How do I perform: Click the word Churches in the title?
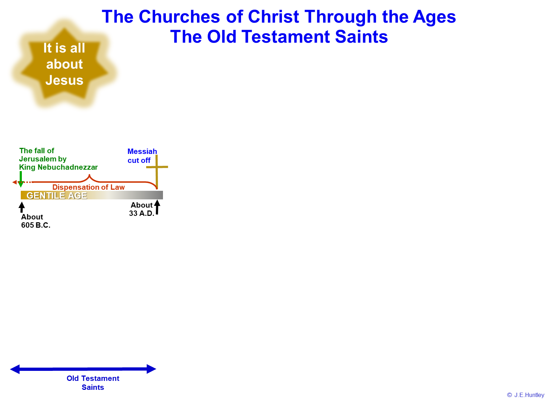click(x=179, y=16)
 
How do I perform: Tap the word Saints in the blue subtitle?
click(x=361, y=37)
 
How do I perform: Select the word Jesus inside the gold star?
click(x=64, y=80)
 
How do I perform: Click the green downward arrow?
click(x=21, y=179)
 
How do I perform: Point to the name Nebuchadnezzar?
click(x=68, y=167)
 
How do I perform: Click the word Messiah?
click(x=142, y=151)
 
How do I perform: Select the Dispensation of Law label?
click(x=88, y=187)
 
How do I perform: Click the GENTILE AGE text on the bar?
click(x=57, y=195)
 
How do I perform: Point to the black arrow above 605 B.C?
click(x=21, y=207)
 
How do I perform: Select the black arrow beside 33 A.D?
click(x=157, y=207)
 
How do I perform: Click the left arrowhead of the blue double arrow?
click(x=15, y=369)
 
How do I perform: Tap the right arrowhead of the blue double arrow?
click(x=152, y=369)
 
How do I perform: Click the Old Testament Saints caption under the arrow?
click(x=93, y=383)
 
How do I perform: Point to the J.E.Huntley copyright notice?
click(x=525, y=395)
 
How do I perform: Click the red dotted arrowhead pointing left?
click(x=14, y=182)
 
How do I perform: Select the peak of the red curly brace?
click(x=89, y=175)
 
